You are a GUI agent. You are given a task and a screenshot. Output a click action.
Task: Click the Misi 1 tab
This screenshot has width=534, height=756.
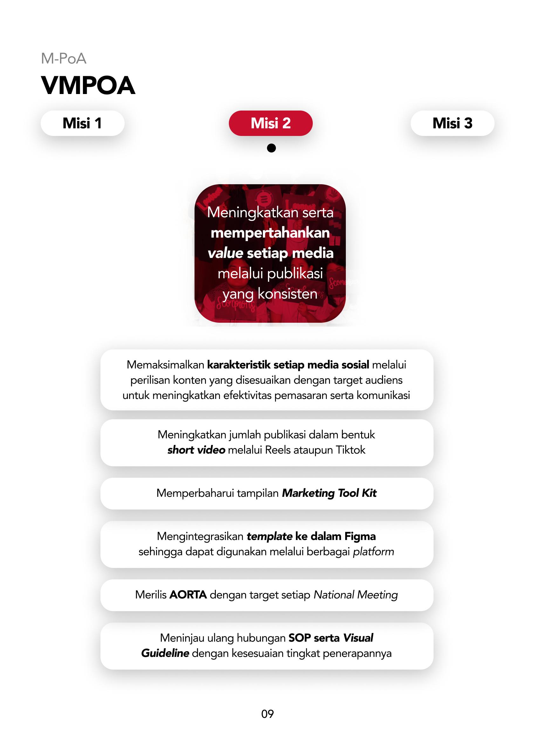click(x=82, y=123)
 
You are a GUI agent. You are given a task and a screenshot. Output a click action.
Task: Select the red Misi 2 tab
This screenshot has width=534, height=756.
click(x=270, y=123)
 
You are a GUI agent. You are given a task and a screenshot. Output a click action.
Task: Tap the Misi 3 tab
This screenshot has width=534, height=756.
click(x=452, y=123)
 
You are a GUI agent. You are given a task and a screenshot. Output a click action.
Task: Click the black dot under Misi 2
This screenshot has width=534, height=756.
click(x=271, y=148)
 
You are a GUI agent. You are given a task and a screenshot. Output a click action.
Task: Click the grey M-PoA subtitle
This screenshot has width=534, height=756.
click(x=64, y=59)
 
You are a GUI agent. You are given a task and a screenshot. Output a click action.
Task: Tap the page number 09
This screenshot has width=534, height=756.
click(x=267, y=713)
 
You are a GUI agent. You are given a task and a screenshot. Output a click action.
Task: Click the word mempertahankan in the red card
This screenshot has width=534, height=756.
click(x=270, y=233)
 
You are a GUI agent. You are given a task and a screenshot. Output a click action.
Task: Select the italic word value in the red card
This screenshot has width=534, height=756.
click(x=225, y=253)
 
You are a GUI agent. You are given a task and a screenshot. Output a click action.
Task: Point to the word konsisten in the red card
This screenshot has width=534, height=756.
click(x=287, y=294)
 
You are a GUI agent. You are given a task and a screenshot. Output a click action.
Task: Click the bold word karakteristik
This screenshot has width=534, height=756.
click(x=239, y=365)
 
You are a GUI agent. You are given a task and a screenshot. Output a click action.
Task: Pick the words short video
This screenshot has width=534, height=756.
click(x=196, y=450)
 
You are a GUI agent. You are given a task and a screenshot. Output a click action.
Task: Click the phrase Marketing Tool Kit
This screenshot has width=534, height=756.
click(x=329, y=493)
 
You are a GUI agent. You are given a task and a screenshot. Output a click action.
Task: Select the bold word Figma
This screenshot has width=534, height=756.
click(x=360, y=537)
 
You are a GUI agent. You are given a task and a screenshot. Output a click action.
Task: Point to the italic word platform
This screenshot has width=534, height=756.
click(x=373, y=551)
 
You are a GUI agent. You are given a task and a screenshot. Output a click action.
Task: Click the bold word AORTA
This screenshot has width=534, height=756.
click(x=188, y=595)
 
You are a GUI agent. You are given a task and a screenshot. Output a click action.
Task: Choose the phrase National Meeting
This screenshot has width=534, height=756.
click(x=355, y=595)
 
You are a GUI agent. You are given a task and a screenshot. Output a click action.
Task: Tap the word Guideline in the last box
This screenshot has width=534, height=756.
click(x=165, y=653)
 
